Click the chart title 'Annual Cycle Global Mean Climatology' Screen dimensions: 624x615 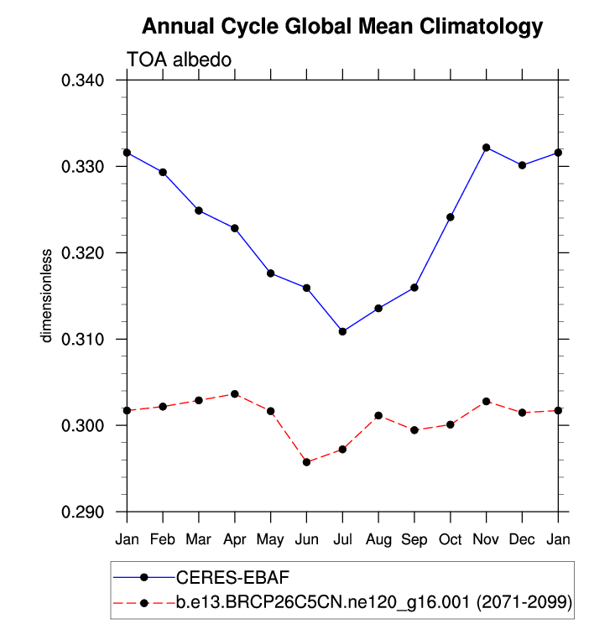click(342, 27)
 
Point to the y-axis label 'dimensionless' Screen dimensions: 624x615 click(48, 295)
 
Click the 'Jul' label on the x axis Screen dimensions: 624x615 click(342, 537)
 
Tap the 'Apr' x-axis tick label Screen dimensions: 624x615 click(235, 537)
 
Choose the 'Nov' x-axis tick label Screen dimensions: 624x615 click(486, 537)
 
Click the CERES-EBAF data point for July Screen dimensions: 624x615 click(342, 331)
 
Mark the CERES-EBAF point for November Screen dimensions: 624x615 click(486, 148)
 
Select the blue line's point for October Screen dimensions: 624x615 click(451, 217)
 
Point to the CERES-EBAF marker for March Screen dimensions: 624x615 click(199, 211)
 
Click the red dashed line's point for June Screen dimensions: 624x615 click(306, 462)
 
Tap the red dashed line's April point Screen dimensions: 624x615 click(235, 394)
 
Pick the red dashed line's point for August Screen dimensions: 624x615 click(378, 415)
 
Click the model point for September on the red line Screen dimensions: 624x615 click(414, 430)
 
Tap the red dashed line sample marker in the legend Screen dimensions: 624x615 click(143, 602)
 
